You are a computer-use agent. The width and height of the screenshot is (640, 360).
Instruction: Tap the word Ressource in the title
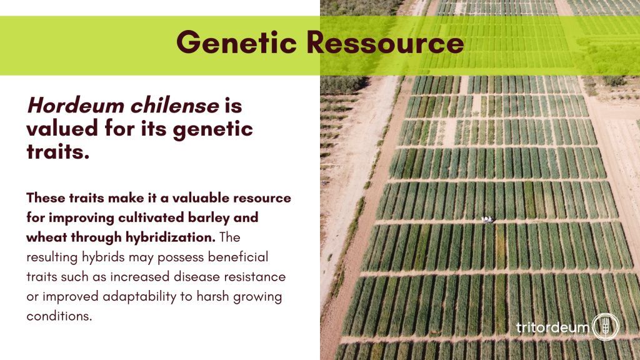coord(385,42)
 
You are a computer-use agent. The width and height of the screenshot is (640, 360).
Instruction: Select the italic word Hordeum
coord(76,105)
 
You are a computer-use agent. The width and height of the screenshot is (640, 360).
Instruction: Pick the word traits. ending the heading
coord(58,151)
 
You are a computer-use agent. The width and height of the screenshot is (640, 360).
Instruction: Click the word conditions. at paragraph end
coord(59,316)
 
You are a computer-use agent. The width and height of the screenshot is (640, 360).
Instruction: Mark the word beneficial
coord(238,257)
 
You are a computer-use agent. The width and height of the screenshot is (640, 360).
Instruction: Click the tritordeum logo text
coord(552,327)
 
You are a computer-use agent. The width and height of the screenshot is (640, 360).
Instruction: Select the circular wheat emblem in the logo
coord(606,326)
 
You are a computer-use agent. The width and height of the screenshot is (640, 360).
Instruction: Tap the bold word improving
coord(81,218)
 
